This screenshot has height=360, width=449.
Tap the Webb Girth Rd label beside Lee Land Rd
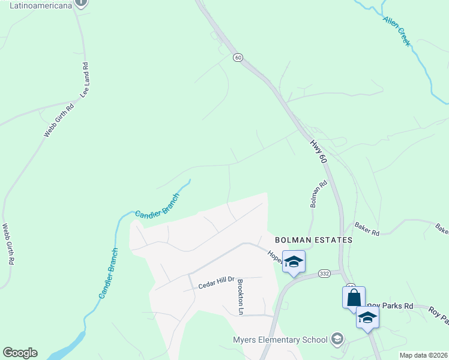59,120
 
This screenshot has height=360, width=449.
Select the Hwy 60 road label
318,152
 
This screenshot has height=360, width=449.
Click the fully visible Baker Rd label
367,229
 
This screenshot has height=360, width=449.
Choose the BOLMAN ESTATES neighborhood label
313,240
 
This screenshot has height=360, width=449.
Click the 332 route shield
325,274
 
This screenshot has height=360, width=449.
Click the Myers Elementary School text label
280,340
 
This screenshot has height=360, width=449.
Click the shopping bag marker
354,297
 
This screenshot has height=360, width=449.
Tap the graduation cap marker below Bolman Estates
294,262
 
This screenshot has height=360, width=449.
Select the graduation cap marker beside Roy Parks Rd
367,317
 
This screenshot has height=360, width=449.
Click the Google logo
20,353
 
